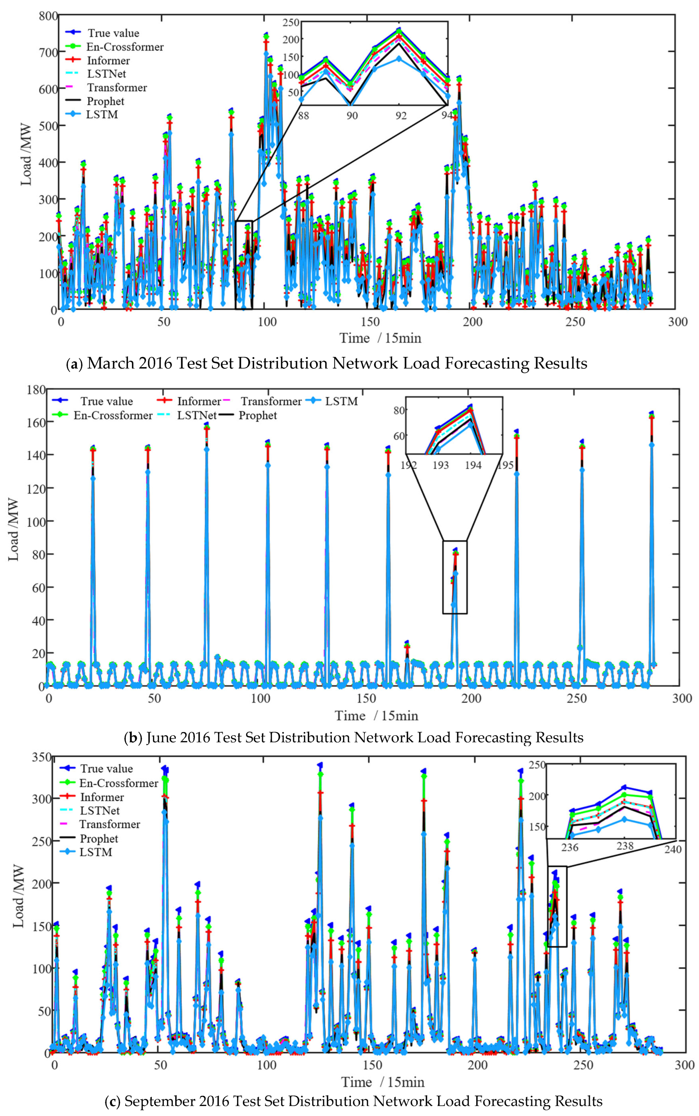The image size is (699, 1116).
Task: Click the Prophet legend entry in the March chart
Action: pos(105,101)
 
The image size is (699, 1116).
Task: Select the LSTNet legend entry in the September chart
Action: pos(99,811)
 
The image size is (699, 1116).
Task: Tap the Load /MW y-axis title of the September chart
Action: pos(19,897)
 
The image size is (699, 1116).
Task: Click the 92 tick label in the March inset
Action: pos(400,115)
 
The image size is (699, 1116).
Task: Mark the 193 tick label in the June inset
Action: pos(440,465)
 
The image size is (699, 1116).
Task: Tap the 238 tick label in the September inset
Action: pos(625,846)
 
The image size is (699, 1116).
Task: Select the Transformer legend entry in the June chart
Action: pos(271,402)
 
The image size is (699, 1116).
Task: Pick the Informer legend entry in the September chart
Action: pos(102,797)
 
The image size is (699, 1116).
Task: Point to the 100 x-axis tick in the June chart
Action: pos(260,698)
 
